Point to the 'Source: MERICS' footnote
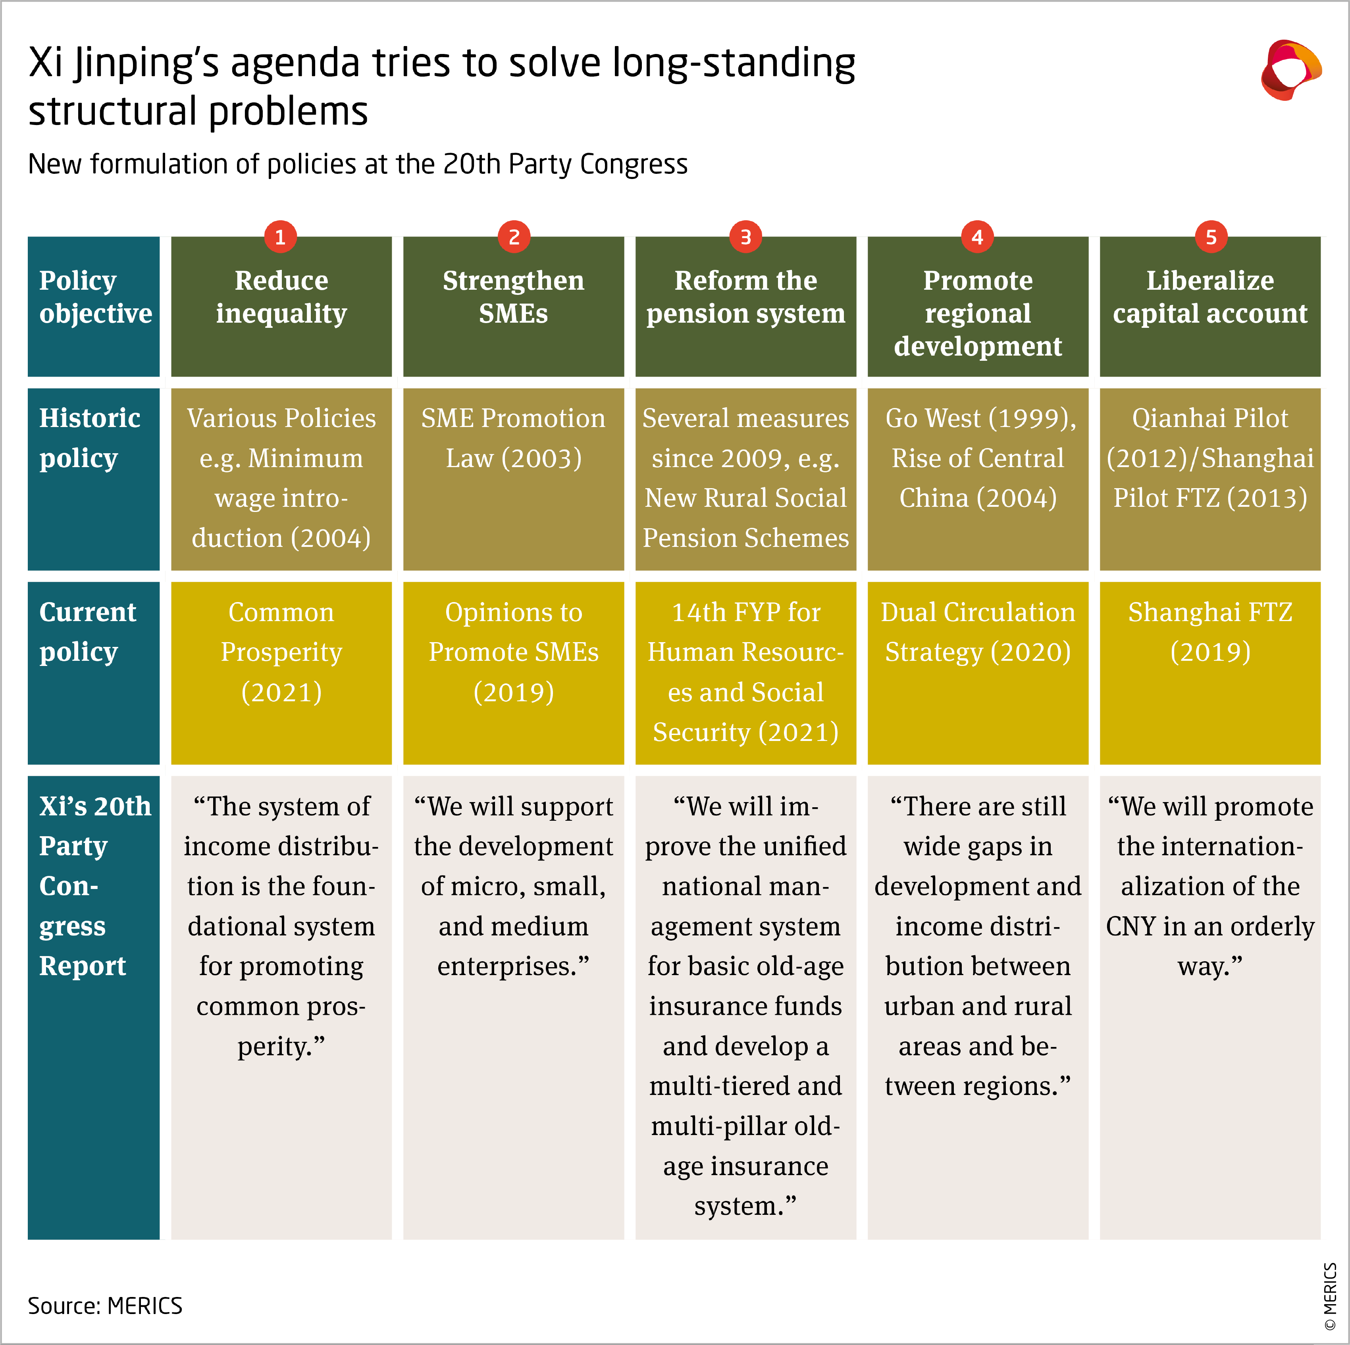(105, 1305)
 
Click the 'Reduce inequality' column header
(281, 306)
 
